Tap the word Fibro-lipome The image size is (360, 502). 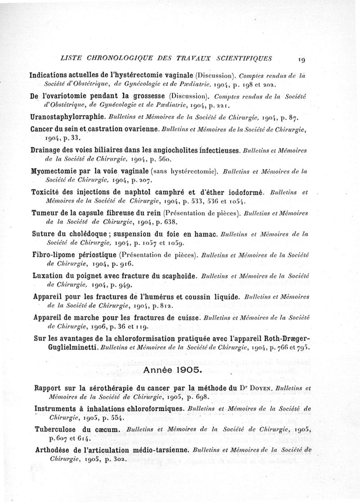coord(54,255)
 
